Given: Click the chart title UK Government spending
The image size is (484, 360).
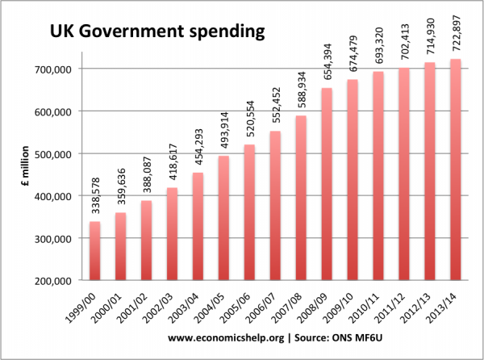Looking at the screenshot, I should point(156,33).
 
